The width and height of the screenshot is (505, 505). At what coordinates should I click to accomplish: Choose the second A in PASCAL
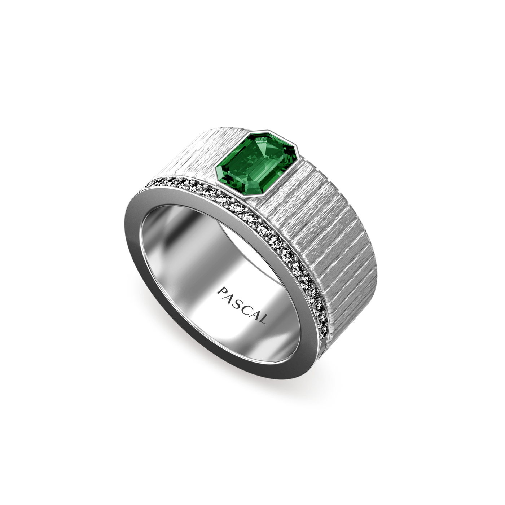tap(256, 312)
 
